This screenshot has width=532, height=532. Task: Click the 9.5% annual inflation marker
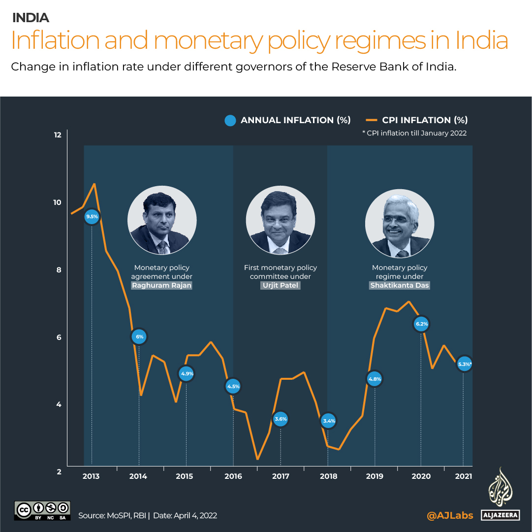click(92, 216)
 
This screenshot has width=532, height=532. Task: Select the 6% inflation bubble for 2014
click(139, 337)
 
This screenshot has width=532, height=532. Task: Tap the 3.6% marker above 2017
click(281, 419)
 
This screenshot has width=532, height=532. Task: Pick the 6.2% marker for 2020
click(421, 324)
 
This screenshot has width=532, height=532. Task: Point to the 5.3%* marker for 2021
click(464, 365)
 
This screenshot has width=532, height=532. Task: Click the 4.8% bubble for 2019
click(375, 379)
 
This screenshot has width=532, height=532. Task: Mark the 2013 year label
click(91, 476)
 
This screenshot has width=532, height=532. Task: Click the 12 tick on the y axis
click(58, 135)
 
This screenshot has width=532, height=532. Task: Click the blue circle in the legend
click(230, 120)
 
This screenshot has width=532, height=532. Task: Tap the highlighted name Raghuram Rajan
click(161, 286)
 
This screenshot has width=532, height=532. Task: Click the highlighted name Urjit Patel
click(281, 286)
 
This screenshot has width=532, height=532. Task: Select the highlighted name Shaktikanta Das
click(400, 286)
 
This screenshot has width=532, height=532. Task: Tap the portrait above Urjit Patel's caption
click(281, 221)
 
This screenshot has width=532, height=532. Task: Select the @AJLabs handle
click(450, 515)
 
